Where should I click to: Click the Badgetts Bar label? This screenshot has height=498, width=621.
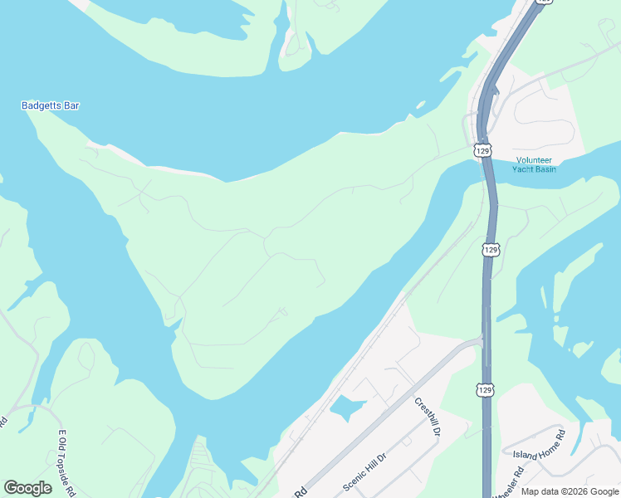tap(50, 105)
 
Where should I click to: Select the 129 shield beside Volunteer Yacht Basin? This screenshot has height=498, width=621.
tap(483, 150)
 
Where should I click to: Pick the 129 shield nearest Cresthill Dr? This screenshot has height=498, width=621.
tap(487, 389)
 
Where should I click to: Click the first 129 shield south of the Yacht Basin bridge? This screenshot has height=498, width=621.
tap(491, 249)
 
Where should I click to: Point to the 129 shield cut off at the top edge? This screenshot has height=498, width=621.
tap(543, 2)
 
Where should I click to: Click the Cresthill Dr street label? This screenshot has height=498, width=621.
tap(428, 417)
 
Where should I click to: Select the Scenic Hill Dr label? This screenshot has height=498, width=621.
tap(365, 471)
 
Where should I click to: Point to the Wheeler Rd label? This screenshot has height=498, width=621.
tap(507, 483)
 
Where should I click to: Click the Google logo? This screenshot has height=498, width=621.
tap(27, 488)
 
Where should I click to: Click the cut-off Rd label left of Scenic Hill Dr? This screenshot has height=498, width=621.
tap(300, 492)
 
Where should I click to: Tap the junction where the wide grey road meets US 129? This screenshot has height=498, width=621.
tap(482, 340)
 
